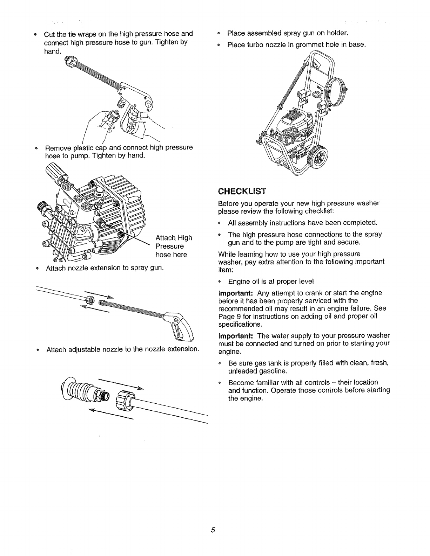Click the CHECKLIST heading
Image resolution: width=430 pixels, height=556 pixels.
pos(242,191)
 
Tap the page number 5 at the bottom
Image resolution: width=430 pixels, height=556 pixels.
pos(213,530)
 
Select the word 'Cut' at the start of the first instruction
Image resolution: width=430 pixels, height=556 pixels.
pos(50,34)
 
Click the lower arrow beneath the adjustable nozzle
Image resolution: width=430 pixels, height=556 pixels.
pos(110,413)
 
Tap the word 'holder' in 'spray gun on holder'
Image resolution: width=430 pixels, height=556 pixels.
pos(336,34)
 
